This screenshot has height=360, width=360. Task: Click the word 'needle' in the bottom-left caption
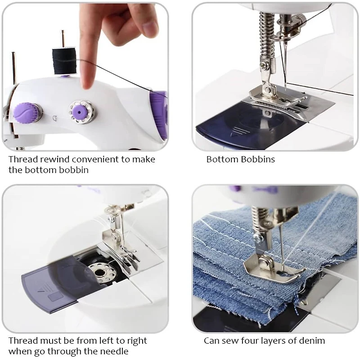(x=117, y=351)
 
